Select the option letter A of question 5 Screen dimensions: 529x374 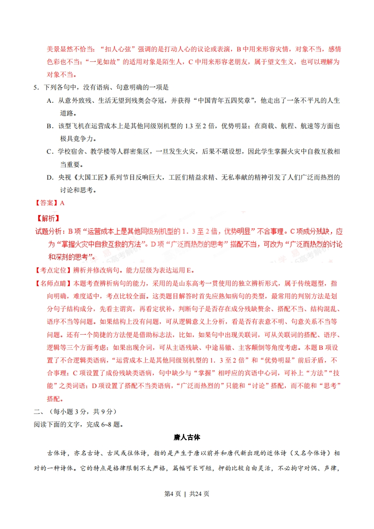(50, 100)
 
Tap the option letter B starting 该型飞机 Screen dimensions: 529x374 (50, 126)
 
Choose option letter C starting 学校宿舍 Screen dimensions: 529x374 (50, 151)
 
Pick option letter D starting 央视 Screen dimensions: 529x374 (50, 177)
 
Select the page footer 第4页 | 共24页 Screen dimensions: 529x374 (187, 507)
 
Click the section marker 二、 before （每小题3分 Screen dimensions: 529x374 (39, 411)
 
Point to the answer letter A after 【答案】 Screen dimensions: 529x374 (62, 203)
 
